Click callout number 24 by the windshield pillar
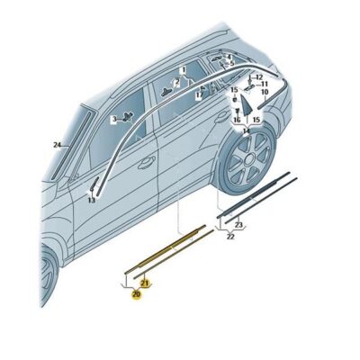(x=57, y=144)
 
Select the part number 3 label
(x=113, y=119)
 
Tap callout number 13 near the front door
(x=91, y=200)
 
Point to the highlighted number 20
(x=137, y=293)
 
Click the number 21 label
(x=145, y=283)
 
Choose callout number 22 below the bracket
(x=230, y=236)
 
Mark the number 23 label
(x=238, y=225)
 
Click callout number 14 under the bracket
(x=246, y=130)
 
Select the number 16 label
(x=237, y=120)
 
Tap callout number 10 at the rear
(x=265, y=93)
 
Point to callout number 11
(x=264, y=85)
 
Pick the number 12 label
(x=258, y=77)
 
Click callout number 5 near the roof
(x=231, y=64)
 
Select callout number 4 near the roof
(x=229, y=57)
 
